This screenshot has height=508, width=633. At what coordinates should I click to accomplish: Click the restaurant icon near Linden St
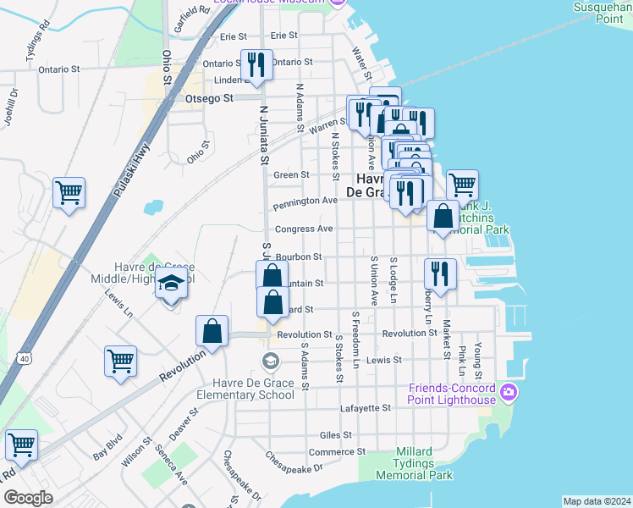[x=256, y=64]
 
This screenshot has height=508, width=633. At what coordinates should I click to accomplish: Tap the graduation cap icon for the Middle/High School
[x=171, y=285]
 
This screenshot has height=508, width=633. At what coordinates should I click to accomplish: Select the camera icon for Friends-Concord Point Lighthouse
[x=508, y=390]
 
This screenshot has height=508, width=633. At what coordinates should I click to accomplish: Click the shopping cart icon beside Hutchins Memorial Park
[x=462, y=185]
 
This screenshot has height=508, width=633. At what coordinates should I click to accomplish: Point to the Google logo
[x=28, y=498]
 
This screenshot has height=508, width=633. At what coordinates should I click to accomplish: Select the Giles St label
[x=336, y=435]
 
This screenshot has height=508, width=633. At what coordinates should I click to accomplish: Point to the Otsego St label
[x=209, y=99]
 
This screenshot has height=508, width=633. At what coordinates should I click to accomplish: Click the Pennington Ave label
[x=305, y=202]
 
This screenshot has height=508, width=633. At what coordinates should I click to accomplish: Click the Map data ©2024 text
[x=597, y=501]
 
